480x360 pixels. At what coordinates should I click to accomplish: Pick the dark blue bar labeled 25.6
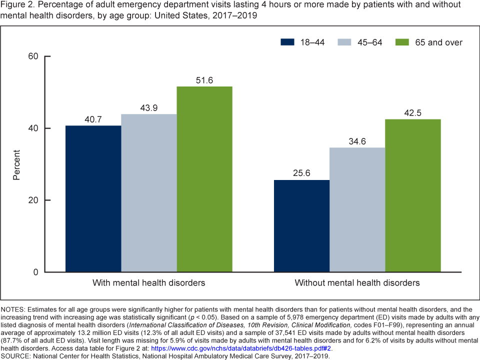301,226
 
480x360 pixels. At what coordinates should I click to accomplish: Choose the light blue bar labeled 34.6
357,210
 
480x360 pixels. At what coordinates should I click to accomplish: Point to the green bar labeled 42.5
412,195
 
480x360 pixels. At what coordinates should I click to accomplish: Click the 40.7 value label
93,119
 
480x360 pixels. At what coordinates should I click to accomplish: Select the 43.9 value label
148,108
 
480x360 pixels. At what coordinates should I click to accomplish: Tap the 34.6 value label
357,141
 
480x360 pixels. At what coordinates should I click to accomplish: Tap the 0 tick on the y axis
36,272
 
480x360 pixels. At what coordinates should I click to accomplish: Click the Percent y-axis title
16,164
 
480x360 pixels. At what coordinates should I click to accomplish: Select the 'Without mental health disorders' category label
357,283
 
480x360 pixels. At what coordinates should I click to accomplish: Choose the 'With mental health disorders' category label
148,283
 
